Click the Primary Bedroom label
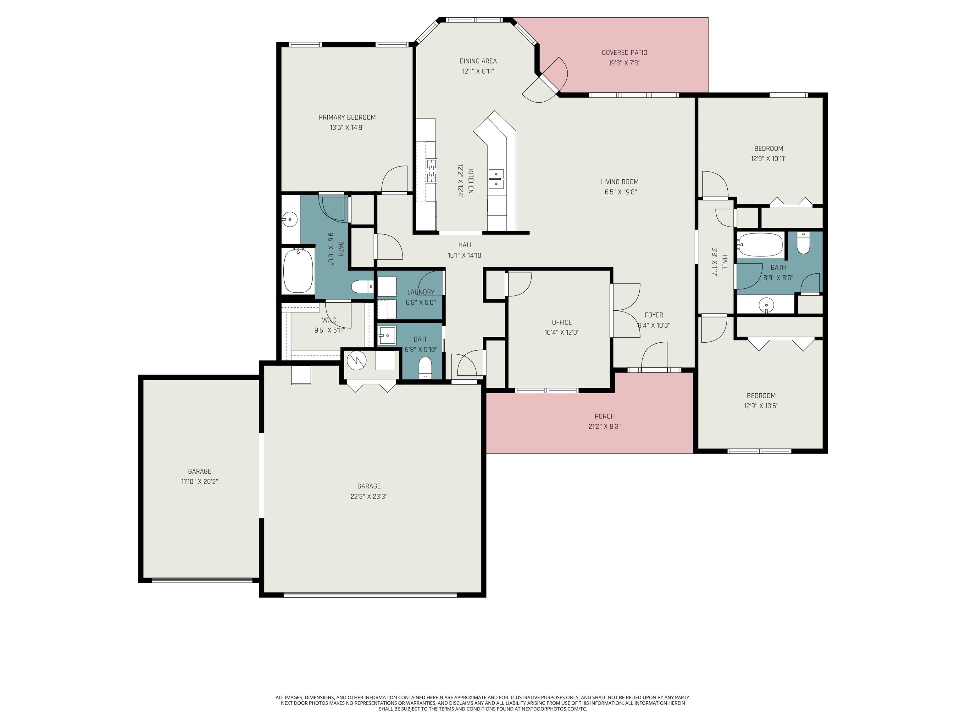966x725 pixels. tap(347, 117)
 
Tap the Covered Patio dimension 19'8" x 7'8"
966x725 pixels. tap(624, 63)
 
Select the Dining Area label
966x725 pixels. tap(478, 61)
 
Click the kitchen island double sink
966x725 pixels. tap(496, 179)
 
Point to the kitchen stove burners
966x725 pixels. tap(431, 171)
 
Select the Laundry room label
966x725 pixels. tap(420, 292)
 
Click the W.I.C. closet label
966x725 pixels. tap(330, 320)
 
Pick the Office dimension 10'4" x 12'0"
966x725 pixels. tap(562, 332)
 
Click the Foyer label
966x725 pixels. tap(654, 315)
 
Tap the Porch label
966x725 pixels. tap(604, 416)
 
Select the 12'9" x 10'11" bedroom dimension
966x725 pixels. tap(768, 159)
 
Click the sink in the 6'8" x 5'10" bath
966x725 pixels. tap(387, 336)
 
